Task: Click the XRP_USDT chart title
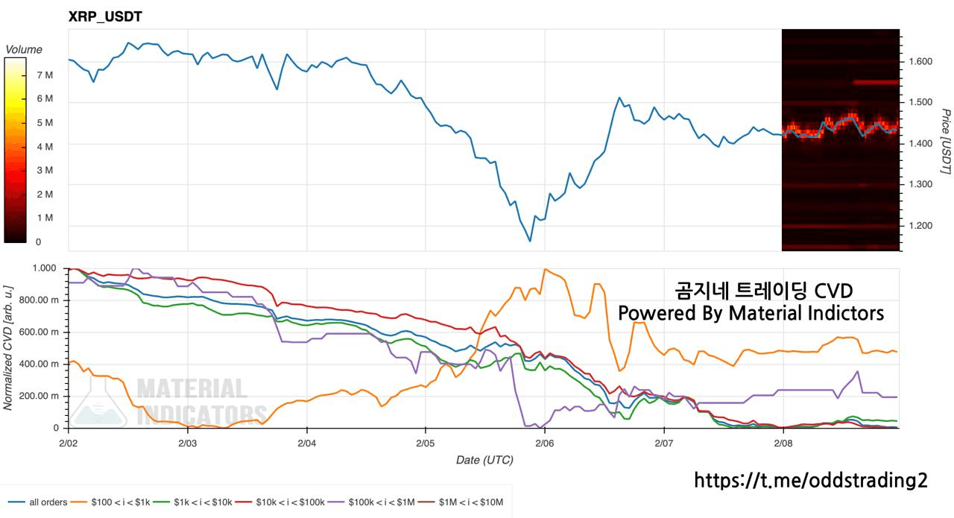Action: click(x=105, y=16)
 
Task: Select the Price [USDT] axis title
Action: click(x=944, y=141)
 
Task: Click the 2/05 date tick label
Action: click(x=425, y=443)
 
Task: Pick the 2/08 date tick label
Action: click(x=783, y=443)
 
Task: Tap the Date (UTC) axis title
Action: click(x=484, y=460)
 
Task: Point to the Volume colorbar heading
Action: click(x=24, y=49)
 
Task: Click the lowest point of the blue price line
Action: click(x=530, y=241)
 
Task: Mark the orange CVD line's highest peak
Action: click(x=545, y=269)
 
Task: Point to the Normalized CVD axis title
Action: click(x=8, y=347)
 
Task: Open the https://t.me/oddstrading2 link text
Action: click(x=811, y=481)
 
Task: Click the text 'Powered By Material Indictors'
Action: click(x=751, y=313)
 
